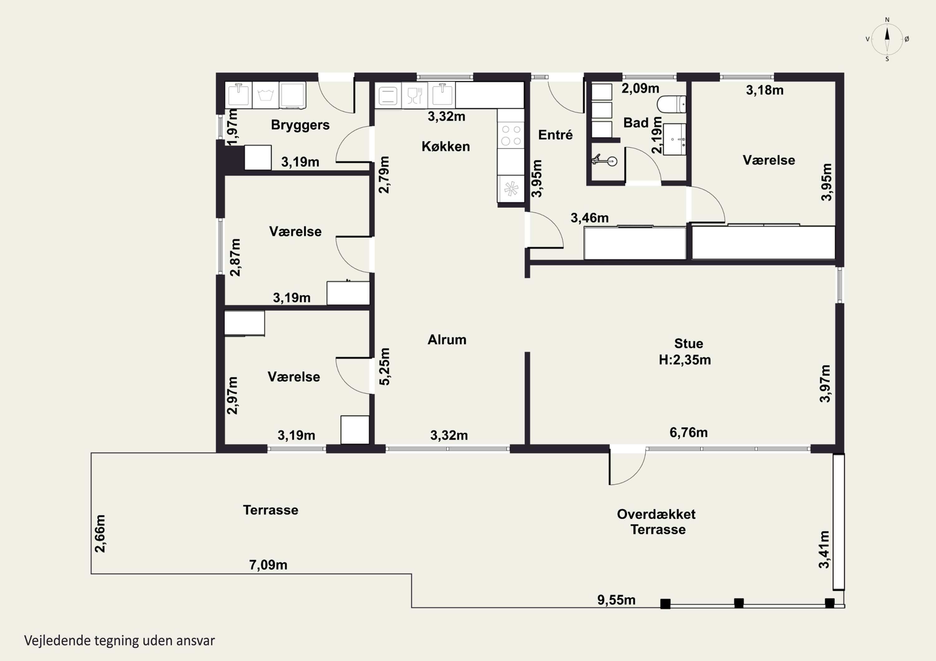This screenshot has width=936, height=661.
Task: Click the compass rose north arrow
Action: click(x=887, y=39)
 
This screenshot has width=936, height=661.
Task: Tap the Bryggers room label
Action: click(x=300, y=125)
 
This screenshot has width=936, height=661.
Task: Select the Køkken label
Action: click(x=446, y=146)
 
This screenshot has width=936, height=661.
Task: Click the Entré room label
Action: click(x=555, y=135)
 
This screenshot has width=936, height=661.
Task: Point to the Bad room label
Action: click(x=636, y=122)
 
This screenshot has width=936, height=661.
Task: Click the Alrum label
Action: click(x=447, y=340)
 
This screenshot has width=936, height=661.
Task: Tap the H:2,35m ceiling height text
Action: click(x=685, y=360)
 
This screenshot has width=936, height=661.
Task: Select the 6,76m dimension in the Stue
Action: click(x=689, y=432)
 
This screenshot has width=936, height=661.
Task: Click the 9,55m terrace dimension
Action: click(x=617, y=600)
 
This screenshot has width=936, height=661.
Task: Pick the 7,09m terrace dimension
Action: click(x=268, y=565)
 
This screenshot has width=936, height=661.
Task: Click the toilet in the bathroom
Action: click(x=671, y=104)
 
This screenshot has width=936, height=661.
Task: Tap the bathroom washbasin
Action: click(x=675, y=140)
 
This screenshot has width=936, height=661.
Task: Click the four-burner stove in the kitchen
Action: click(x=511, y=135)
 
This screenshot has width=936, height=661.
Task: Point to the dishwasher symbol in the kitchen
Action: click(x=415, y=96)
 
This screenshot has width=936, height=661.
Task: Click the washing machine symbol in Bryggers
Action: click(x=266, y=95)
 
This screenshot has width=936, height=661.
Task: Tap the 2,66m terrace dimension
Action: click(x=100, y=534)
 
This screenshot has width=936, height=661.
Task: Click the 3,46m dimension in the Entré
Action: click(x=589, y=218)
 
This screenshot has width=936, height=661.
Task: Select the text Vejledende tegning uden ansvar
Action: click(x=119, y=641)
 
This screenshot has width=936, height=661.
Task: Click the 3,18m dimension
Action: click(x=765, y=90)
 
